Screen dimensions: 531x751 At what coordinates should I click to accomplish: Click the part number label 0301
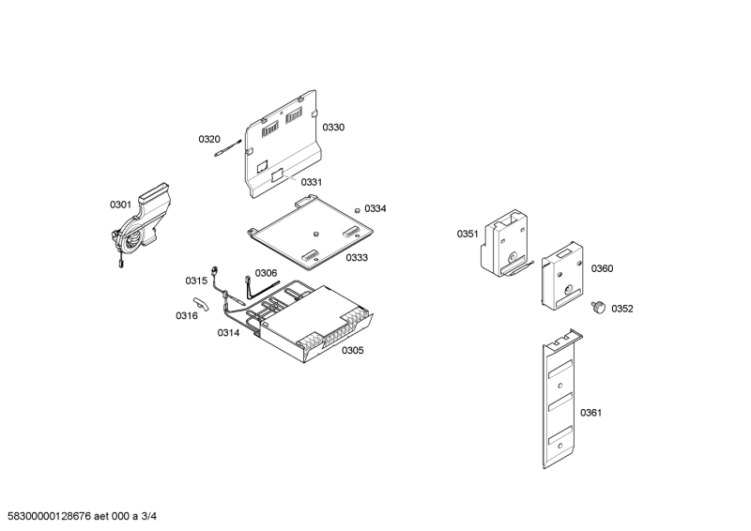tap(121, 205)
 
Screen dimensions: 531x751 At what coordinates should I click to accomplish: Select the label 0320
tap(208, 139)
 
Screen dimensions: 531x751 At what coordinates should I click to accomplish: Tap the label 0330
tap(333, 127)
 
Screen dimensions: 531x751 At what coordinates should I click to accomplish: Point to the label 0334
tap(375, 208)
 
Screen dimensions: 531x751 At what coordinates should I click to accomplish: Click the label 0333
tap(356, 257)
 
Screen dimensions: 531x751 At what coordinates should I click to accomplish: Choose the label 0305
tap(352, 350)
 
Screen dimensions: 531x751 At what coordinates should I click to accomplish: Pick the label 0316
tap(186, 315)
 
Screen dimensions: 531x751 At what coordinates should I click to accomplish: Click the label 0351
tap(467, 234)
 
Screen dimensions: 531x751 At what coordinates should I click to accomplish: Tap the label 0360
tap(602, 268)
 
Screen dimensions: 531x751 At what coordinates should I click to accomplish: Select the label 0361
tap(590, 413)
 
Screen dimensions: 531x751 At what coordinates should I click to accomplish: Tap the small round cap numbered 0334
tap(358, 208)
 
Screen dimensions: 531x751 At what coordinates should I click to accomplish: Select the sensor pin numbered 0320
tap(229, 146)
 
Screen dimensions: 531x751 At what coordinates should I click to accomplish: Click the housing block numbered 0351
tap(504, 241)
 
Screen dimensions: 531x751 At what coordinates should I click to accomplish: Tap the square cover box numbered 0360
tap(563, 277)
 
